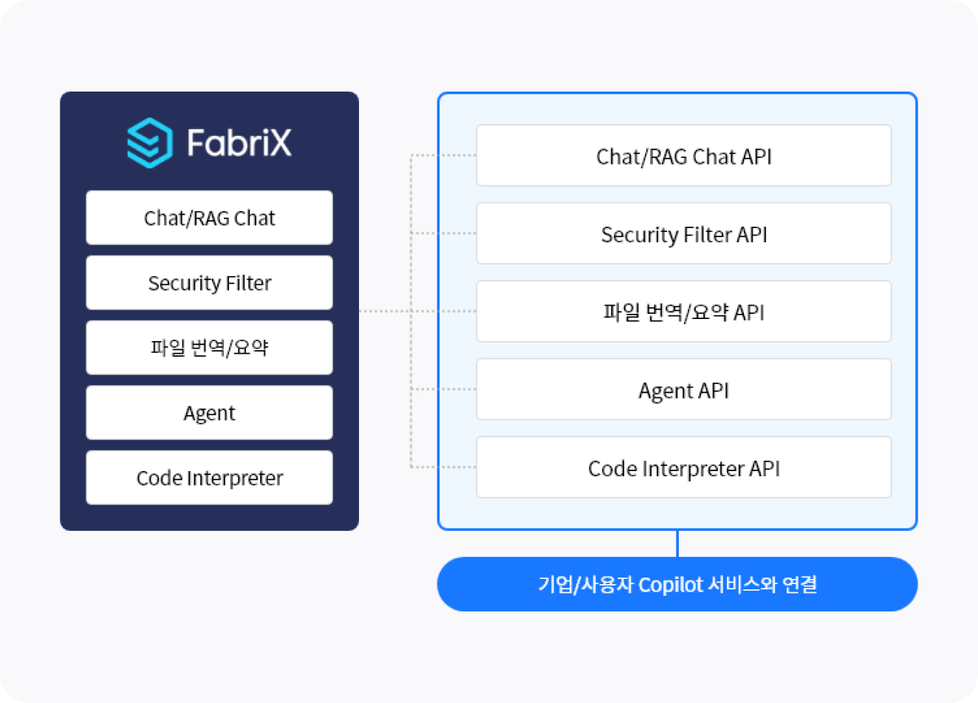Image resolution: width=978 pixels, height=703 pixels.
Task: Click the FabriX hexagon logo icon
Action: (x=150, y=143)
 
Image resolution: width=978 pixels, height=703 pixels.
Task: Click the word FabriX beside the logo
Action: (x=239, y=143)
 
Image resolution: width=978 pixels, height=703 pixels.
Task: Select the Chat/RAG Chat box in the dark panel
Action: (x=209, y=217)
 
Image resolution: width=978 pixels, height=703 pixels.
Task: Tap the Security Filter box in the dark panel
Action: (x=209, y=282)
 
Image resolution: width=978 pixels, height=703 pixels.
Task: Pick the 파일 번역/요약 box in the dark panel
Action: (x=209, y=347)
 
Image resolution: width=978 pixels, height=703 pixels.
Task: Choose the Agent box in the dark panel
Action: (x=209, y=412)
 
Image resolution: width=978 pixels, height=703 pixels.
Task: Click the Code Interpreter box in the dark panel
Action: (x=209, y=477)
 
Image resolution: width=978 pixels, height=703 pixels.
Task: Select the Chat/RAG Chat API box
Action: (x=684, y=155)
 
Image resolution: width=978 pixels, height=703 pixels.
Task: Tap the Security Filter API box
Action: (x=684, y=233)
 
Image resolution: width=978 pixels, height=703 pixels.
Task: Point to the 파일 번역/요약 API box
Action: (x=684, y=311)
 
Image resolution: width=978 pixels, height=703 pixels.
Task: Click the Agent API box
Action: (x=684, y=389)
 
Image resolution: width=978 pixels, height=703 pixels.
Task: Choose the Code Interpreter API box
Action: (x=684, y=467)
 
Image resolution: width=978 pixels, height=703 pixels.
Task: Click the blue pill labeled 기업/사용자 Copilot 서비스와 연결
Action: (x=677, y=584)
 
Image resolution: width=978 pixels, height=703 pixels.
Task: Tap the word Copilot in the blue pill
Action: (x=671, y=585)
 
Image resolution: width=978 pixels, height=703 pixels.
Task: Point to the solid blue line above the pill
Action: (x=677, y=543)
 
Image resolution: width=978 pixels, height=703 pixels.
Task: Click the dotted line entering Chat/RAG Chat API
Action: (x=443, y=155)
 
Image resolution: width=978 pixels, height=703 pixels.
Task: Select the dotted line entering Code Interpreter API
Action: (x=443, y=467)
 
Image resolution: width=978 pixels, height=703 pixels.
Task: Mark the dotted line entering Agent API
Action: (x=443, y=389)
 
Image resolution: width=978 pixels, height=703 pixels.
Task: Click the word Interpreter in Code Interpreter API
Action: (x=693, y=470)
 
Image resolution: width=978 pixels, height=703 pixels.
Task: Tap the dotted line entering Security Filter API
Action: (x=443, y=233)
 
